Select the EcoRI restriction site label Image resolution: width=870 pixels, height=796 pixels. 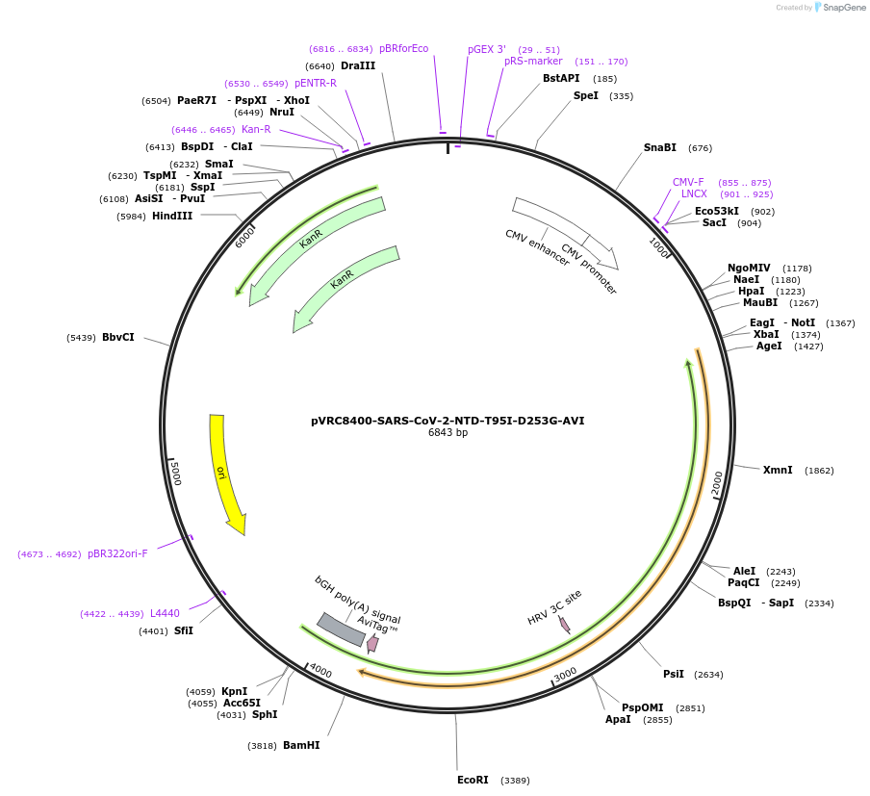[473, 780]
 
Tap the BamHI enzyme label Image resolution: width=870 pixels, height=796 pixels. [301, 745]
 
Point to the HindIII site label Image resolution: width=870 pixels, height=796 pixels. [172, 217]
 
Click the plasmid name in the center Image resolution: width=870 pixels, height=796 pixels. [448, 421]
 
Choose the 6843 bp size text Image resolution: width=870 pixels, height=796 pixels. [448, 433]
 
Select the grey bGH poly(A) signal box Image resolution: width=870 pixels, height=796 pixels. [341, 629]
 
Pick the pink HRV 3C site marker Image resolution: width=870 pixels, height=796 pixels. [564, 625]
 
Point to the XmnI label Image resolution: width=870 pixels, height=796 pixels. [778, 470]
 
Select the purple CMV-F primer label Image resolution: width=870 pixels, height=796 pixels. [688, 182]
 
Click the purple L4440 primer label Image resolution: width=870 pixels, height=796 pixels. [165, 613]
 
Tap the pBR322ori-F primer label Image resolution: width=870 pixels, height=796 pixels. [117, 553]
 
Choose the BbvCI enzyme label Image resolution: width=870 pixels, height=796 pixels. [118, 337]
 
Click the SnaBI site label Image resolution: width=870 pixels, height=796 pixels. [660, 147]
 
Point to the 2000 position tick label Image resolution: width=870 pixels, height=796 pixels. [717, 484]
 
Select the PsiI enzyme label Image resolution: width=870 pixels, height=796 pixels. [674, 674]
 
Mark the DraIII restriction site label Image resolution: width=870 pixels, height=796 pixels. [358, 65]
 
